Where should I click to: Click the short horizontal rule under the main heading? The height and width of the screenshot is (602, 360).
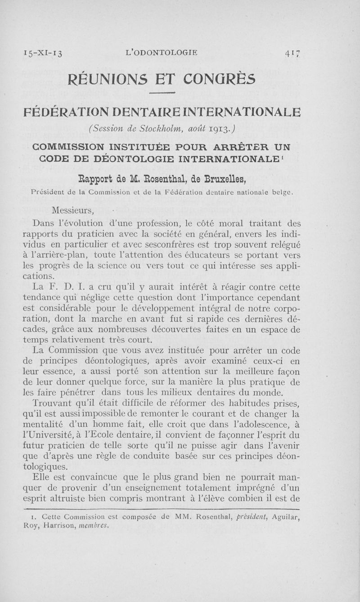click(x=161, y=94)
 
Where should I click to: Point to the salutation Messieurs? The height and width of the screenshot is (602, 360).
click(x=72, y=210)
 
